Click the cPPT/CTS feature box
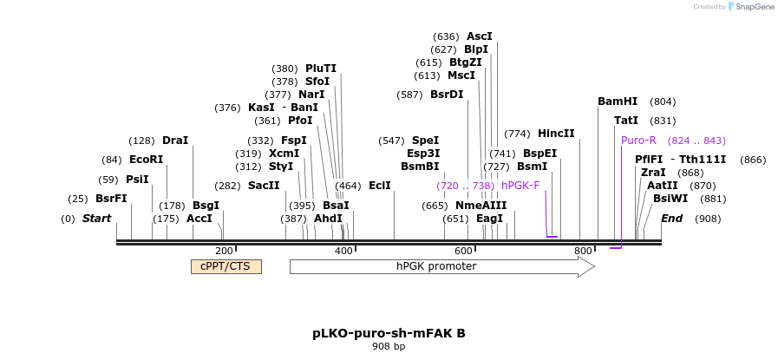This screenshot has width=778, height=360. [x=226, y=266]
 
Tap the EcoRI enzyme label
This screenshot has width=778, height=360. [x=146, y=160]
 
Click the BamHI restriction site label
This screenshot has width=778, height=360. [x=618, y=101]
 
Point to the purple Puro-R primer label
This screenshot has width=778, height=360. [x=638, y=140]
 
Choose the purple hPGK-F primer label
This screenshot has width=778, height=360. [x=520, y=186]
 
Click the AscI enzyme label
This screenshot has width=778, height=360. [x=480, y=36]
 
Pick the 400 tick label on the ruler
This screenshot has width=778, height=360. [x=343, y=252]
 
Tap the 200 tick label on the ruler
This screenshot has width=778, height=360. [x=224, y=252]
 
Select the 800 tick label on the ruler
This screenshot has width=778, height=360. [x=583, y=252]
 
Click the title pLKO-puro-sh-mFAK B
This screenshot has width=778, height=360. [x=389, y=333]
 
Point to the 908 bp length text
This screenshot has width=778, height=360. [x=389, y=347]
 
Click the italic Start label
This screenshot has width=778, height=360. [x=97, y=219]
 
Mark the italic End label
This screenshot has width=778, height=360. [x=671, y=219]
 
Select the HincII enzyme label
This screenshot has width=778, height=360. [x=556, y=134]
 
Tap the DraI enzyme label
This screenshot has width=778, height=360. [x=175, y=141]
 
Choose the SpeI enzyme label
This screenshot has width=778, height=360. [x=425, y=141]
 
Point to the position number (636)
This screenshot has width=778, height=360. [x=446, y=36]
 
